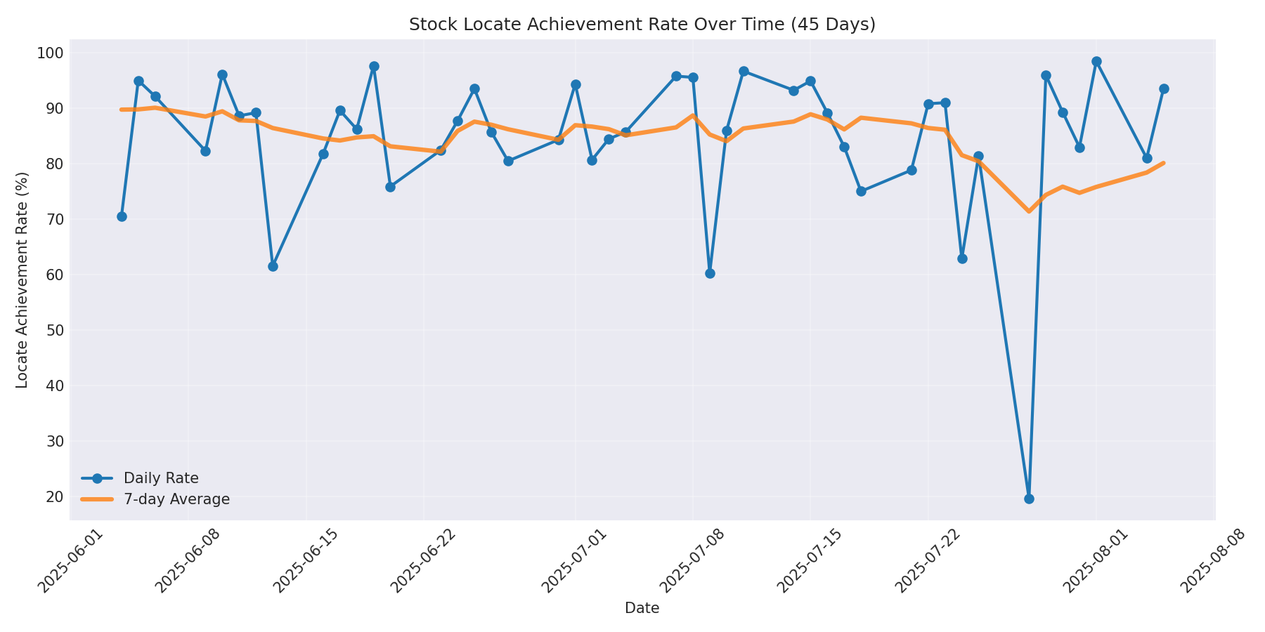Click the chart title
[642, 25]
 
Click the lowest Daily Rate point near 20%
[1029, 499]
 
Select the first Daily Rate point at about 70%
[122, 216]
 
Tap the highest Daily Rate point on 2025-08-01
[1096, 62]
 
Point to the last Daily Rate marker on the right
[1164, 89]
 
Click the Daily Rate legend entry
[160, 478]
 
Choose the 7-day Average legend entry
[176, 499]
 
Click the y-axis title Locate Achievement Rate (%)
[22, 279]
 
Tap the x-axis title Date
[642, 609]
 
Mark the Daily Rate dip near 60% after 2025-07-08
[710, 273]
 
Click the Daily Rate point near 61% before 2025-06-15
[273, 266]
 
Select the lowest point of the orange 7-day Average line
[1029, 211]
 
